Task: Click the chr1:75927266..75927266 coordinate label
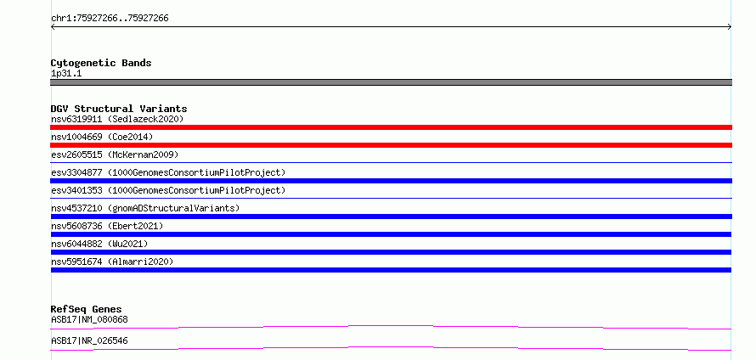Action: pos(110,19)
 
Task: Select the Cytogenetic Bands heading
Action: pos(101,63)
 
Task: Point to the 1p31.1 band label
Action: pos(66,73)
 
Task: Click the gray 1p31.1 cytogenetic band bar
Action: pos(391,82)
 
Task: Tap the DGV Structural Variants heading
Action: pos(119,109)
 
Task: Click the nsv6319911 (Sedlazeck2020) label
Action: pos(117,119)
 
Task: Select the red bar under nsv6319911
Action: pos(391,127)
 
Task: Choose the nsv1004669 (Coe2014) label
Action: pos(102,137)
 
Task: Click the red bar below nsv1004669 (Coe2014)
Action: pos(391,145)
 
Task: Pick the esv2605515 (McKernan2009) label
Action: pos(115,155)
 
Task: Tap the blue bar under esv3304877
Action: pos(391,181)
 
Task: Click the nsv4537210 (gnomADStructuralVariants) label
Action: pos(145,208)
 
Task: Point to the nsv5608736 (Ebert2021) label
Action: pos(107,226)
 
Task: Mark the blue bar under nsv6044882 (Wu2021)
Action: pos(391,252)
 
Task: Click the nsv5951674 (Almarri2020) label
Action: pos(112,262)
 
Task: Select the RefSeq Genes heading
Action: pos(87,309)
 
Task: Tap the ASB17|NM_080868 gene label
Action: pos(89,319)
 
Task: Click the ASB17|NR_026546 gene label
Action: pos(89,340)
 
